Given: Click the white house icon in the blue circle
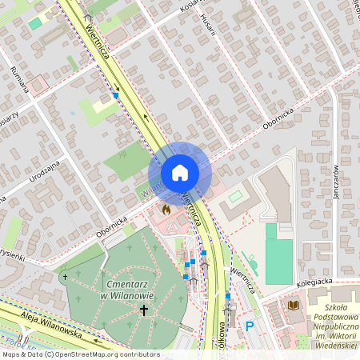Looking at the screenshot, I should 179,173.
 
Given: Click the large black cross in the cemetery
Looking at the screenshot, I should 144,310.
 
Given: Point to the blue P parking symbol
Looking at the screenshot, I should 250,326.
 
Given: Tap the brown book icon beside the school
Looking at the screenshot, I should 294,306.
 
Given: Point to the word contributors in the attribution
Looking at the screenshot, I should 137,354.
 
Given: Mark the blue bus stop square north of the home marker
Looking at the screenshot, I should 116,95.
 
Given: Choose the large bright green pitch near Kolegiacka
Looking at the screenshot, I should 278,254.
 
